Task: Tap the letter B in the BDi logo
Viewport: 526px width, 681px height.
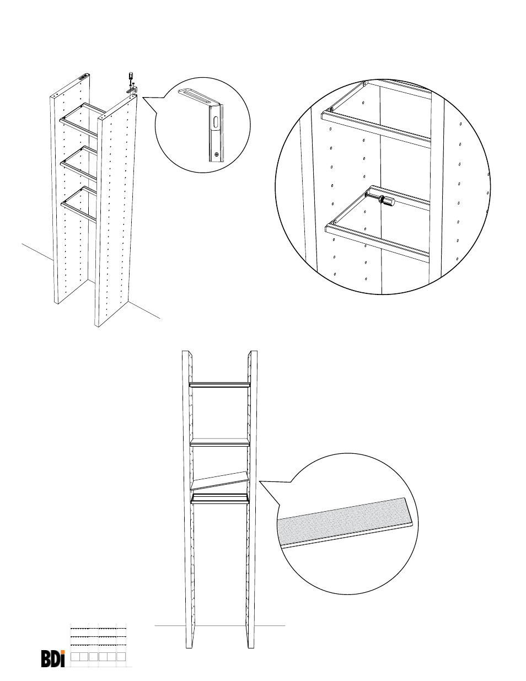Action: [46, 659]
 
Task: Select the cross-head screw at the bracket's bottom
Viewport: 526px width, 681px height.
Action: [216, 154]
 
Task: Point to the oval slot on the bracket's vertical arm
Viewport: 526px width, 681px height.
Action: [216, 122]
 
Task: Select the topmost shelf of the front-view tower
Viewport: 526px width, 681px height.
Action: [219, 384]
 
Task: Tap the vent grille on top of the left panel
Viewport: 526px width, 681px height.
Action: [83, 77]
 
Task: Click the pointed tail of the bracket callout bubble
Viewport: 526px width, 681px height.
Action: [143, 98]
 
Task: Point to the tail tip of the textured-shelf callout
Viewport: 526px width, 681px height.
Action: [260, 481]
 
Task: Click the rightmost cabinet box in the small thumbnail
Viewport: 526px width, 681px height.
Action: [121, 657]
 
